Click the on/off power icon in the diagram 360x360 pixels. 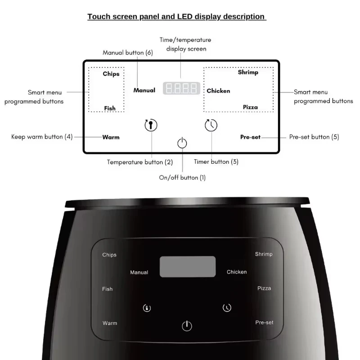pyautogui.click(x=182, y=144)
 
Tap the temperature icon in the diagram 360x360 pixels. pyautogui.click(x=151, y=125)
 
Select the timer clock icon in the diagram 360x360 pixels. pyautogui.click(x=211, y=125)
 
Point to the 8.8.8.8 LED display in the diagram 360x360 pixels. pyautogui.click(x=181, y=88)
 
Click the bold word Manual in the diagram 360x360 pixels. pyautogui.click(x=144, y=90)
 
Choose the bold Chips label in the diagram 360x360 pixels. pyautogui.click(x=111, y=74)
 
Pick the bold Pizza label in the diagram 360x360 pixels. pyautogui.click(x=250, y=107)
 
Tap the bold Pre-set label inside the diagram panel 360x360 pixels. pyautogui.click(x=250, y=137)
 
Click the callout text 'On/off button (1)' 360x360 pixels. pyautogui.click(x=182, y=178)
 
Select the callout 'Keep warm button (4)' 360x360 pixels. pyautogui.click(x=42, y=137)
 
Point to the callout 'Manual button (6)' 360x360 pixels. pyautogui.click(x=128, y=53)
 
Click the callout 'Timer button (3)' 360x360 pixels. pyautogui.click(x=216, y=162)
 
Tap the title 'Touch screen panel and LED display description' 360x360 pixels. pyautogui.click(x=176, y=17)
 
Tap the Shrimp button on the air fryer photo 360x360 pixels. pyautogui.click(x=264, y=254)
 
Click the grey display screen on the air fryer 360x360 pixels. pyautogui.click(x=188, y=267)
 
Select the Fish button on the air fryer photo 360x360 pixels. pyautogui.click(x=107, y=289)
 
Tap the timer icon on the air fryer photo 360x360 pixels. pyautogui.click(x=227, y=308)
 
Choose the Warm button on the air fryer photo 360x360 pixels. pyautogui.click(x=110, y=323)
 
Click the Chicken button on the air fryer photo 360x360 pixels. pyautogui.click(x=237, y=272)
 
